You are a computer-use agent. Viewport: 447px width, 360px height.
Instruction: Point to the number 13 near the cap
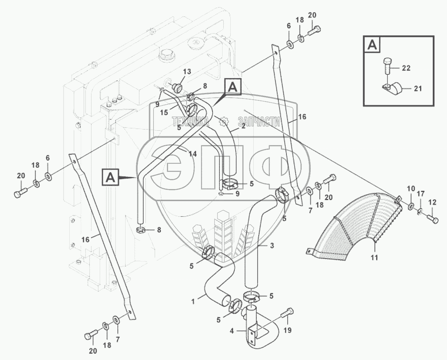tap(187, 71)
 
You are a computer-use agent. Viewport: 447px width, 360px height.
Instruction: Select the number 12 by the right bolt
tap(432, 202)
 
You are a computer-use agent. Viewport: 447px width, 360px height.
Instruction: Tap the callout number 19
tap(287, 330)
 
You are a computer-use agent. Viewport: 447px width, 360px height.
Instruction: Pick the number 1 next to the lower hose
tap(201, 298)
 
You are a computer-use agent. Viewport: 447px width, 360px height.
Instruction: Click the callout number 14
tap(193, 154)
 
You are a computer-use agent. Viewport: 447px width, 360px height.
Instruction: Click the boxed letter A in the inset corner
tap(371, 45)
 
